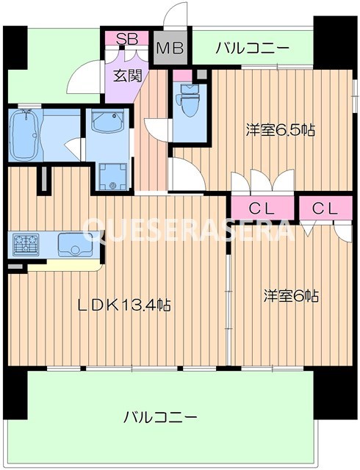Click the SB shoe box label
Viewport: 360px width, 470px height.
click(x=125, y=38)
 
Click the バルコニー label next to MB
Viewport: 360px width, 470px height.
click(x=252, y=49)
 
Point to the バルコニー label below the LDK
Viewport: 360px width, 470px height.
click(x=159, y=417)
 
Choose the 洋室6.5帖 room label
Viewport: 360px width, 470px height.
click(x=280, y=131)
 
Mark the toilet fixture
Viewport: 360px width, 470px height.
click(x=189, y=103)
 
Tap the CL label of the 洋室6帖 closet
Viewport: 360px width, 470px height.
click(x=325, y=209)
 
